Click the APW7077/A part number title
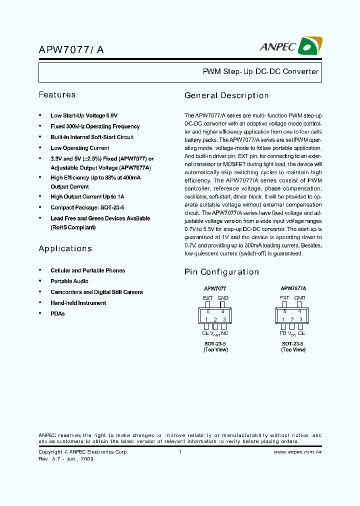[71, 50]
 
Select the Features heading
[57, 94]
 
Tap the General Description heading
[226, 95]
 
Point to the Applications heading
[65, 248]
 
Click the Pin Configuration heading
[221, 272]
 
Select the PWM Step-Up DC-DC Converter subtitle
[260, 71]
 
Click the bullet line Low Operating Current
[79, 148]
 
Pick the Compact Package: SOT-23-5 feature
[87, 207]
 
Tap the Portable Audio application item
[69, 281]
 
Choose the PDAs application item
[57, 313]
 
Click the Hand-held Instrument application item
[78, 303]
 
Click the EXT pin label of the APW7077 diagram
[208, 298]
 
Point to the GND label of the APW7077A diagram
[299, 298]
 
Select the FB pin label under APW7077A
[283, 332]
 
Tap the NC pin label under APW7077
[224, 332]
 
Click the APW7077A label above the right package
[293, 288]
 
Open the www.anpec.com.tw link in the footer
[297, 452]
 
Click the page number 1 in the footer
[179, 452]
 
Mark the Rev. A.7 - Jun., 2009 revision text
[66, 459]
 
